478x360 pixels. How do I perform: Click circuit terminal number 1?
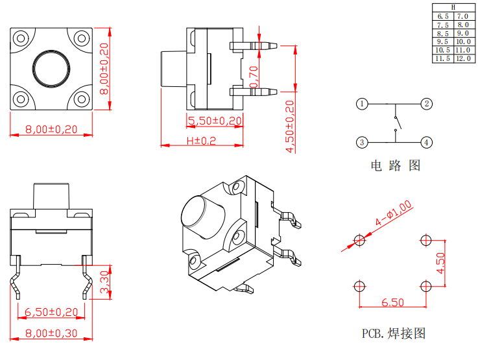pos(362,104)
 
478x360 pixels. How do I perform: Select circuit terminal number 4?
pos(426,142)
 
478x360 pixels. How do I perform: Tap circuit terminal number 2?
pos(426,104)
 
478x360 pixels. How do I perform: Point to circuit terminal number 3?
pos(362,142)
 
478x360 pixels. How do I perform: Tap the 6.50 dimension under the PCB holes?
pos(393,302)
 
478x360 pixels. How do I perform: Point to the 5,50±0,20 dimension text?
pos(215,121)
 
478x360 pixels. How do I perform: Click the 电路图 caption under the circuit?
pos(395,165)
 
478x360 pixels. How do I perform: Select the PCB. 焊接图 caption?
pos(394,334)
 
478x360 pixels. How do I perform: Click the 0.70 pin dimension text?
pos(254,77)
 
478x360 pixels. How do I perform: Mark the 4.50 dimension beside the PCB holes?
pos(440,262)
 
